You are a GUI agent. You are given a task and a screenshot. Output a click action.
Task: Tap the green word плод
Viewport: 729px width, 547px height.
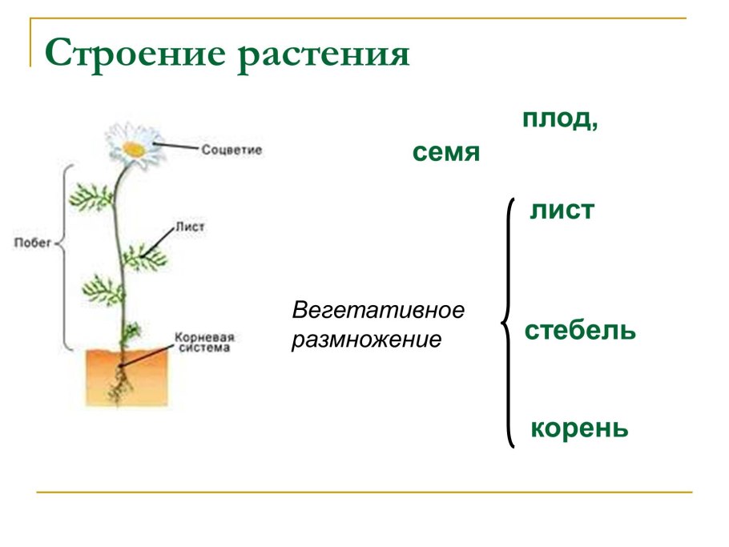560,119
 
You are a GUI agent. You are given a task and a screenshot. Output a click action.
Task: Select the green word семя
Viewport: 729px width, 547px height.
446,152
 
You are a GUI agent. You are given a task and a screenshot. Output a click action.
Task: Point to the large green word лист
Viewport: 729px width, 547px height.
562,211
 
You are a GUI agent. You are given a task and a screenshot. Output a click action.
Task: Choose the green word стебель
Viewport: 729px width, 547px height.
580,330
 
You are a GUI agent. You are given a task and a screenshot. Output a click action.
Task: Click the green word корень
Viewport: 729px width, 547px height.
579,428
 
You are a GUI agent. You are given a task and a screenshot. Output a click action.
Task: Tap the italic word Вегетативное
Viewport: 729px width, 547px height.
378,309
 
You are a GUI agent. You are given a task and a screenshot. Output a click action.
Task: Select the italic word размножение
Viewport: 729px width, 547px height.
366,340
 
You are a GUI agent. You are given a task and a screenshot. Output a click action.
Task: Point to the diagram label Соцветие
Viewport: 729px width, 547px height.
232,150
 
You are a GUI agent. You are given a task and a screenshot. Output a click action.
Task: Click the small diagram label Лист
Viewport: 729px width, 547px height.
191,227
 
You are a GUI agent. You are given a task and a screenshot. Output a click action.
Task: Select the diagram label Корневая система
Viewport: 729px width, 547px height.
203,343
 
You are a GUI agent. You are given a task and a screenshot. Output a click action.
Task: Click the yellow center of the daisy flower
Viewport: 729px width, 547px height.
132,147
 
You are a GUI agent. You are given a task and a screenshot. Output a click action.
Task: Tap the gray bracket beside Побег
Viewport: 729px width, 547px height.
66,256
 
